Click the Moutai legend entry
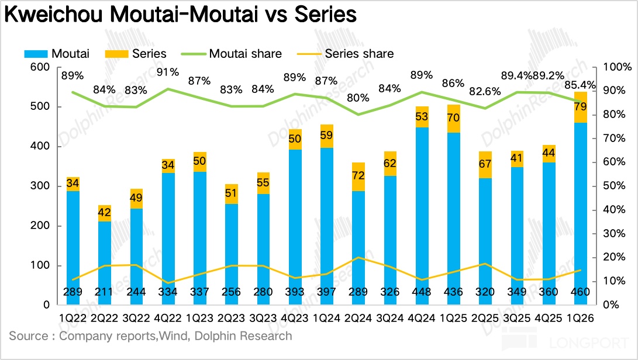click(57, 54)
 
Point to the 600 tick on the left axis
click(39, 67)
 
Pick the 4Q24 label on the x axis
click(421, 319)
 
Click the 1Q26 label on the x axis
click(580, 319)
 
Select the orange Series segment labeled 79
click(580, 108)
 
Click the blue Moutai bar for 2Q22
click(105, 257)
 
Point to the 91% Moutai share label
click(167, 72)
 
